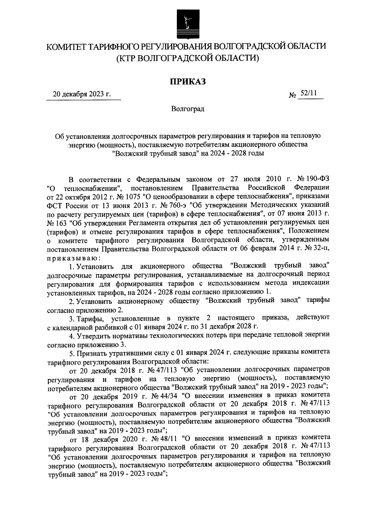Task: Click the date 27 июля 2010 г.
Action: (x=258, y=180)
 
